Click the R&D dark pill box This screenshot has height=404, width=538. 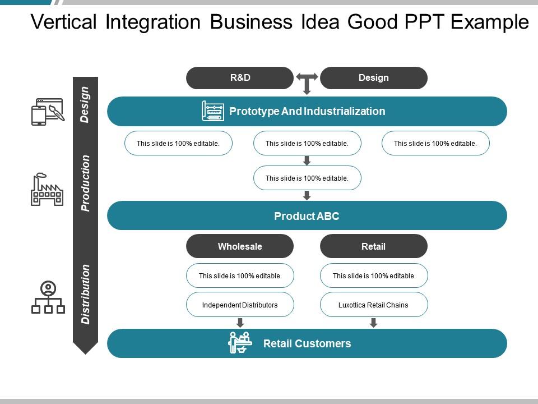coord(240,78)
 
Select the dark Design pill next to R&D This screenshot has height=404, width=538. coord(373,78)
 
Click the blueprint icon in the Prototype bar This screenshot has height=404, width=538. coord(212,111)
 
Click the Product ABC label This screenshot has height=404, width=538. coord(307,216)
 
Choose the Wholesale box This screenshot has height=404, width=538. coord(240,246)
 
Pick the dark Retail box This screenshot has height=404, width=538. coord(373,246)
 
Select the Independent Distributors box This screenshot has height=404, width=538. coord(240,305)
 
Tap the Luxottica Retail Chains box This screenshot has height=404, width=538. coord(373,305)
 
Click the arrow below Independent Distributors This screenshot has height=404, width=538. coord(240,323)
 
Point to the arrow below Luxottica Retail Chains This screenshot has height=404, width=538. coord(373,323)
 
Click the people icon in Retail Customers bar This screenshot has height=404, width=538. coord(240,343)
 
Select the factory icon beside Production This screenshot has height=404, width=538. coord(47,190)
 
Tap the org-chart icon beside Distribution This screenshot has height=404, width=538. coord(48,297)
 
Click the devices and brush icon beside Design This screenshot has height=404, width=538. coord(47,112)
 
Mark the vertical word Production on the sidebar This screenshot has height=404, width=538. coord(85,183)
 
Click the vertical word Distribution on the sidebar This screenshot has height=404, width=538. coord(85,294)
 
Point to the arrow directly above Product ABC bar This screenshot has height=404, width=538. coord(307,195)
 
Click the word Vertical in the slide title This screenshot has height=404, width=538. coord(59,22)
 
